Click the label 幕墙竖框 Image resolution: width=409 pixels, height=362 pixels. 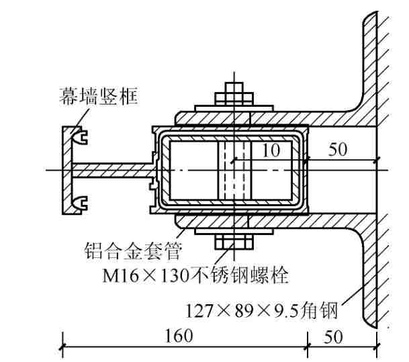pos(98,96)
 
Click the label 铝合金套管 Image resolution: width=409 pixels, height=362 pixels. pos(133,251)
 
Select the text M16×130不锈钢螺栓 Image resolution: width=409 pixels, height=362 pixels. pos(195,275)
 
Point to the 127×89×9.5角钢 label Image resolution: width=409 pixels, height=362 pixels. pos(262,310)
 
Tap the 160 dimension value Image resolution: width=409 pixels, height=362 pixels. pos(179,336)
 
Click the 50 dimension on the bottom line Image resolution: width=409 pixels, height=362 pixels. pos(333,336)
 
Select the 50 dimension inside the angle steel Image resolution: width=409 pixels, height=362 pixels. pos(338,150)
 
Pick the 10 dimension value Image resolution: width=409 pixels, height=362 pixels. pos(271,150)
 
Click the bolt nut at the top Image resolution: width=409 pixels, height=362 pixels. pos(234,99)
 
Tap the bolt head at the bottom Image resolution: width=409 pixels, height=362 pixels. pos(234,242)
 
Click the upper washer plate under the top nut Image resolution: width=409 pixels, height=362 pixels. pos(234,108)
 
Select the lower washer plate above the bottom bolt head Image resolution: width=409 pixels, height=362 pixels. pos(234,231)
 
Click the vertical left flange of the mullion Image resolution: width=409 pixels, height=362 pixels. pos(66,171)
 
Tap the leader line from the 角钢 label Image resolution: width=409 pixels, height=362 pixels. pos(353,296)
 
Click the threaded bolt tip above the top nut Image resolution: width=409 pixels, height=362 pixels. pos(234,87)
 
